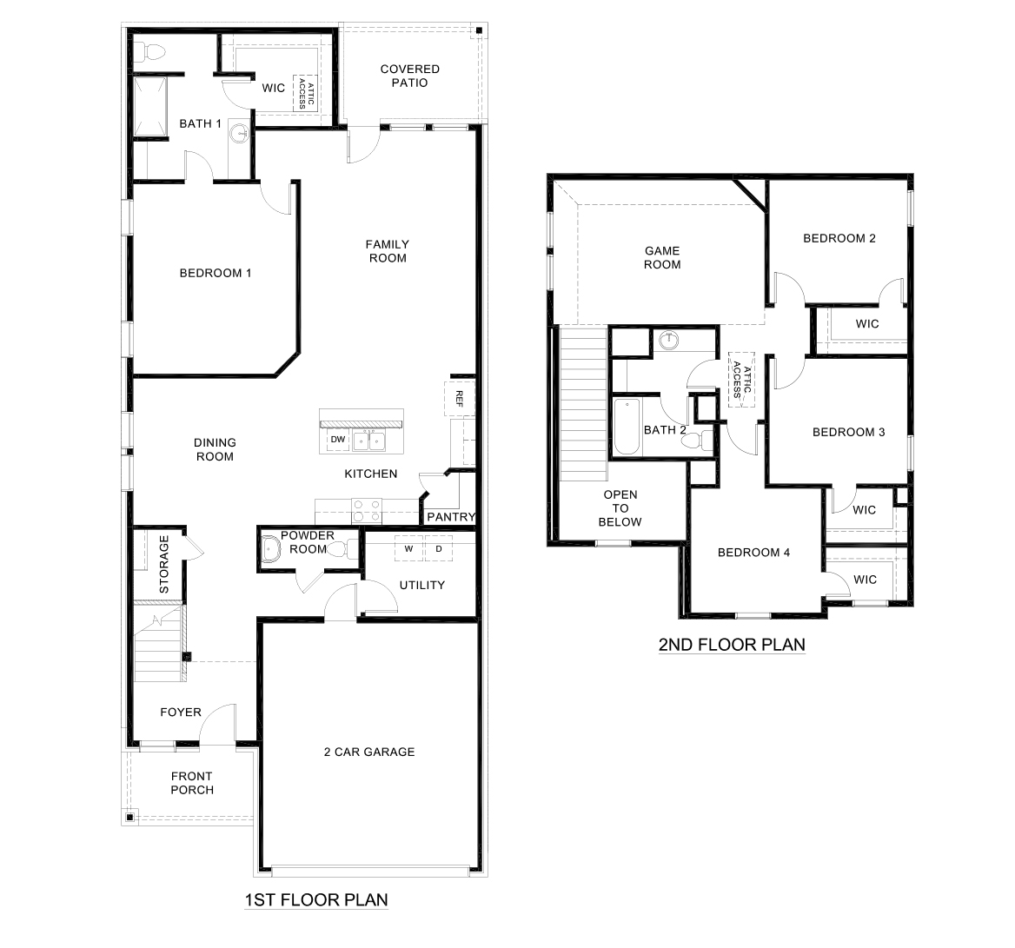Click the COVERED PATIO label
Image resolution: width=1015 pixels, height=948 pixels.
pyautogui.click(x=409, y=76)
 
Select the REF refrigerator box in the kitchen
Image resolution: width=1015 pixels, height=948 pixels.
pyautogui.click(x=459, y=398)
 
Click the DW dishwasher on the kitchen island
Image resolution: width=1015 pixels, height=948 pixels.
pyautogui.click(x=338, y=441)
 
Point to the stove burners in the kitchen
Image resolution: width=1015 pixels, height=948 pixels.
pyautogui.click(x=366, y=507)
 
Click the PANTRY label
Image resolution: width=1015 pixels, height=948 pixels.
pyautogui.click(x=451, y=517)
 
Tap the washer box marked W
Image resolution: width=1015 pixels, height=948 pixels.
pyautogui.click(x=408, y=549)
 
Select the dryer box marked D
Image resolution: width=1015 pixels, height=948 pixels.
pyautogui.click(x=439, y=549)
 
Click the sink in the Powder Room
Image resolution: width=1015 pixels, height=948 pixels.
pyautogui.click(x=271, y=549)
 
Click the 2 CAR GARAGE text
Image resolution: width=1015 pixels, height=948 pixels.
pyautogui.click(x=369, y=752)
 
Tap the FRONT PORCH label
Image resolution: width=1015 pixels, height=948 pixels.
pyautogui.click(x=192, y=783)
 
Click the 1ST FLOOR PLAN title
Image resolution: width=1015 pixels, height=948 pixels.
pyautogui.click(x=315, y=900)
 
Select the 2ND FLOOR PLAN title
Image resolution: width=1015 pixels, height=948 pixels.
pyautogui.click(x=732, y=645)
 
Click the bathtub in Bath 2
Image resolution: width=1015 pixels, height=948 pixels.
pyautogui.click(x=627, y=428)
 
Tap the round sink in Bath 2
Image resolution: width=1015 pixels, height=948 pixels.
pyautogui.click(x=669, y=340)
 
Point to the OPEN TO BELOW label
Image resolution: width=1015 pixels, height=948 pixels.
pyautogui.click(x=620, y=508)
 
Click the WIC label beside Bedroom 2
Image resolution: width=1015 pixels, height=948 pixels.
pyautogui.click(x=866, y=324)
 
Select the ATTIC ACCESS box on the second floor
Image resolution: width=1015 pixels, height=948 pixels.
pyautogui.click(x=740, y=380)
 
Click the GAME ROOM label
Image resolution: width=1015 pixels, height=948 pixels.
pyautogui.click(x=662, y=257)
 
